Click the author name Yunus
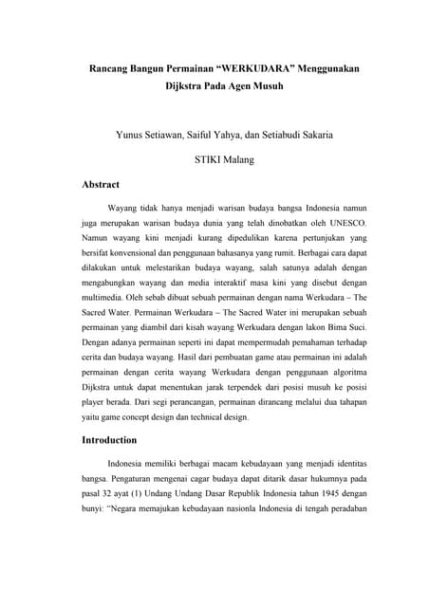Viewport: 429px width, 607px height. pos(132,135)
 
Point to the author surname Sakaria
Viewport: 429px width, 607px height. pos(310,135)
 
